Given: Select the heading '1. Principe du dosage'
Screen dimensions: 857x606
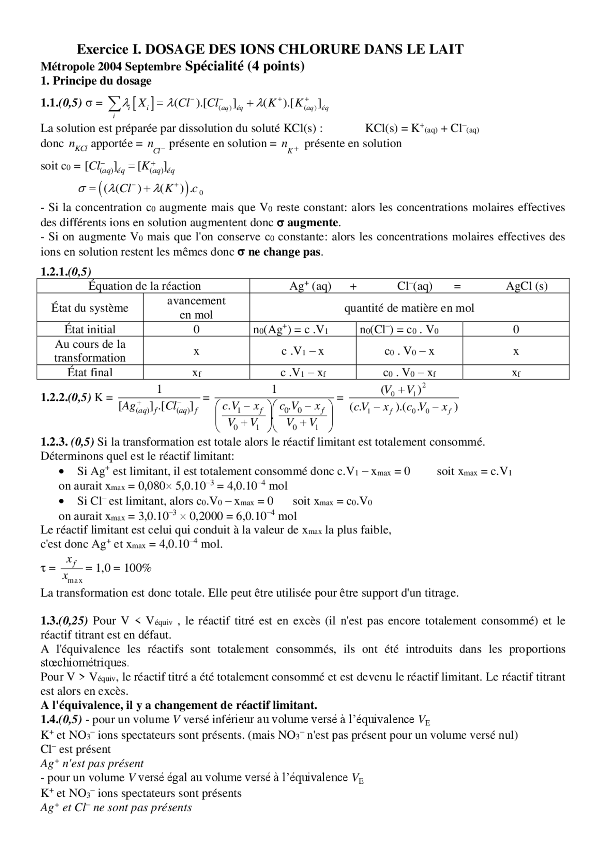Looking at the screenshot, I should [x=96, y=81].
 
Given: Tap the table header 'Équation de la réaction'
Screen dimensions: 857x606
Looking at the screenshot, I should [x=144, y=286].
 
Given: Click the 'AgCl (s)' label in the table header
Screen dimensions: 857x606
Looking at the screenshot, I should [x=526, y=286].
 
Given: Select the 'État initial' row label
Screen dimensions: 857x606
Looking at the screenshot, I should [x=90, y=329].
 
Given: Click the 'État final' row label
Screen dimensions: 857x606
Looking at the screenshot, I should [x=90, y=372].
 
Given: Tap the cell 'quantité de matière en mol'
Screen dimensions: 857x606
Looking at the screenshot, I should [x=409, y=308].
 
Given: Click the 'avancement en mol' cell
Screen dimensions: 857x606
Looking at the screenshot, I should [x=196, y=308].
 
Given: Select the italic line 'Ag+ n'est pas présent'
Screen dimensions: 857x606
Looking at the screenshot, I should [x=92, y=763].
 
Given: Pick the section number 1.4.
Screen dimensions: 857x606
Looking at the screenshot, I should [x=49, y=719].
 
